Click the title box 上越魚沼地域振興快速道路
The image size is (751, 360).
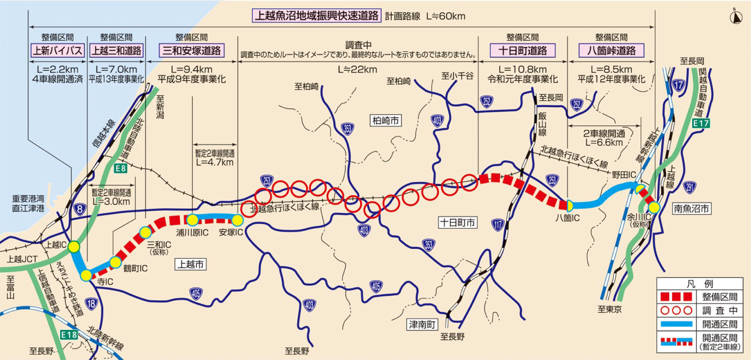point(316,16)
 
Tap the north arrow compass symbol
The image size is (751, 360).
point(736,17)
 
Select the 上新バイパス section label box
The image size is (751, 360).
point(57,50)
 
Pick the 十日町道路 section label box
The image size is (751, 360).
point(522,50)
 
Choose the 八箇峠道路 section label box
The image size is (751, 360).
point(611,50)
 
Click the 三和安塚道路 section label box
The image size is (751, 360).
point(191,50)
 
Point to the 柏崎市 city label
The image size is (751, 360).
point(385,120)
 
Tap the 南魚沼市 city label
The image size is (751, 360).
point(691,209)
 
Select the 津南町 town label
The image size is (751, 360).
point(422,324)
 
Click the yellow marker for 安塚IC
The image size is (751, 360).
point(237,220)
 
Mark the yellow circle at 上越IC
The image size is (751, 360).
point(74,247)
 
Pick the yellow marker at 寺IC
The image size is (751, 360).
point(86,275)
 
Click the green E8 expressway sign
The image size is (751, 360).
point(120,169)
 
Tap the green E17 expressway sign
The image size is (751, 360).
point(701,123)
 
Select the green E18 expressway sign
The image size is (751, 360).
point(69,335)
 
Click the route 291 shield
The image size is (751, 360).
point(689,187)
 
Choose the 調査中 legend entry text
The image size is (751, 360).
point(719,310)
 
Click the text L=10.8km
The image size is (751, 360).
point(522,69)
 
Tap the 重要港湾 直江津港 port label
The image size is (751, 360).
point(28,204)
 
